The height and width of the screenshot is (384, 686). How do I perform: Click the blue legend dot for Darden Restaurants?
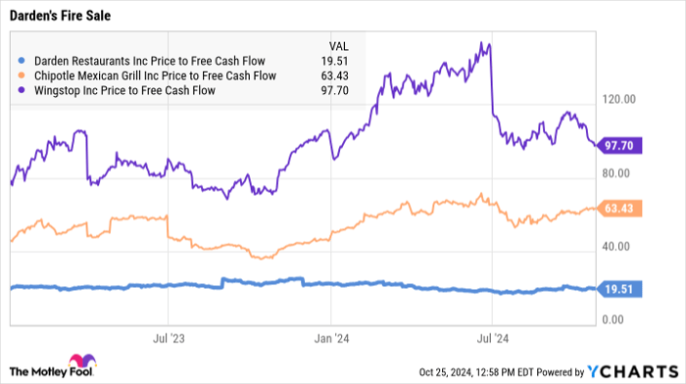coord(22,60)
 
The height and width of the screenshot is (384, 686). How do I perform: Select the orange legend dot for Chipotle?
coord(22,75)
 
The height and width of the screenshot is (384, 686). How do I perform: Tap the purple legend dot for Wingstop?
coord(22,91)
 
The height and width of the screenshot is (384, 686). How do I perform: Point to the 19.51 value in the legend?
coord(335,60)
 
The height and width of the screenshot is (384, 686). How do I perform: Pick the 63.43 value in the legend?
coord(335,75)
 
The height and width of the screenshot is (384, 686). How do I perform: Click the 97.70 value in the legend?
coord(335,91)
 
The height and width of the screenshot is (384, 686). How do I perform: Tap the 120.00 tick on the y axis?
coord(619,100)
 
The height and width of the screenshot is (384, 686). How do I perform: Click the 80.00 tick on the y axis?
coord(619,173)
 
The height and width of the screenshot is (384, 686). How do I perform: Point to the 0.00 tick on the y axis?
coord(615,320)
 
